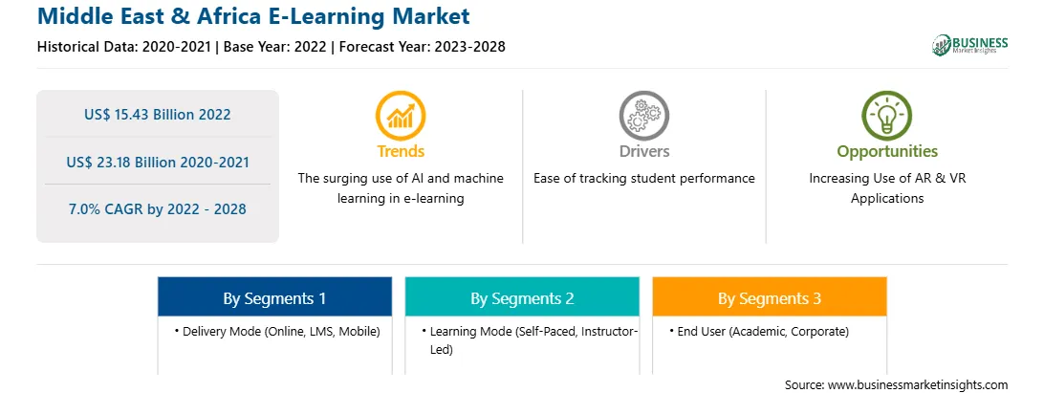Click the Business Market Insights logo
(x=969, y=45)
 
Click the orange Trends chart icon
(x=401, y=116)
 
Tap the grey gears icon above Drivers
(x=643, y=116)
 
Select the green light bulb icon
(x=887, y=116)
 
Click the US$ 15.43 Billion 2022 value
(x=157, y=114)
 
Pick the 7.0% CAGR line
(x=157, y=209)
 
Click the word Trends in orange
(x=401, y=151)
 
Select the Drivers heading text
(x=644, y=151)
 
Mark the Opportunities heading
(x=887, y=152)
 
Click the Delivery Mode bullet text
(x=277, y=331)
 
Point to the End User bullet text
(x=759, y=331)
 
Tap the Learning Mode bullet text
(x=530, y=339)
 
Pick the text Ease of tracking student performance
(x=643, y=179)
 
